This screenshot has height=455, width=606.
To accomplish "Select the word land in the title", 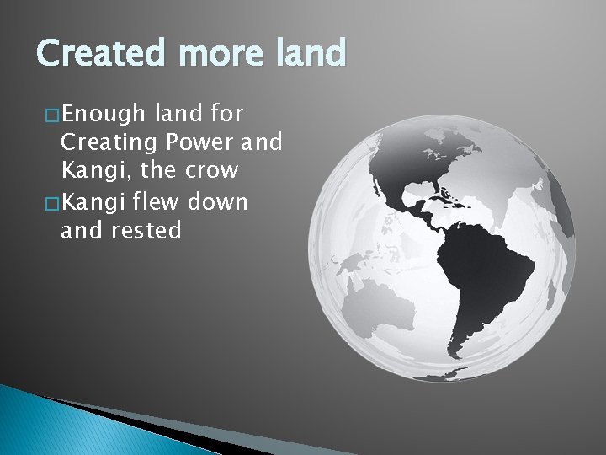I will pyautogui.click(x=308, y=54).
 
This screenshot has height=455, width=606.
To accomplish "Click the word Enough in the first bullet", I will pyautogui.click(x=102, y=112).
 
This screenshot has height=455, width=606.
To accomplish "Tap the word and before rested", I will pyautogui.click(x=82, y=231).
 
